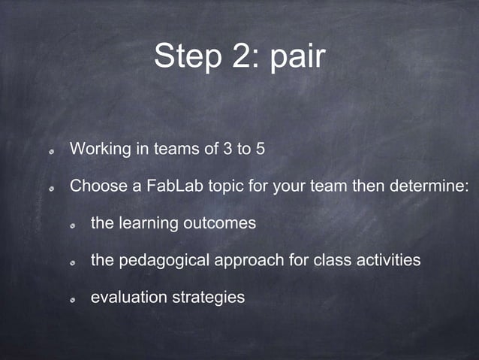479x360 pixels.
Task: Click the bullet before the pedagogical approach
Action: click(x=72, y=262)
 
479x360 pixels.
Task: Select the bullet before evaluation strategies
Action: click(x=72, y=299)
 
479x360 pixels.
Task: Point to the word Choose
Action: click(x=96, y=186)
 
